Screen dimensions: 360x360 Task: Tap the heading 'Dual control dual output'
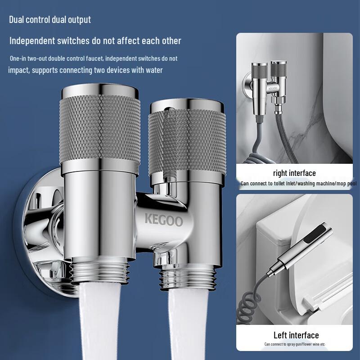[50, 19]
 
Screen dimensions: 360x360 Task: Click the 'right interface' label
[294, 173]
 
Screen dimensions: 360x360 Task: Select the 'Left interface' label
[296, 335]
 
